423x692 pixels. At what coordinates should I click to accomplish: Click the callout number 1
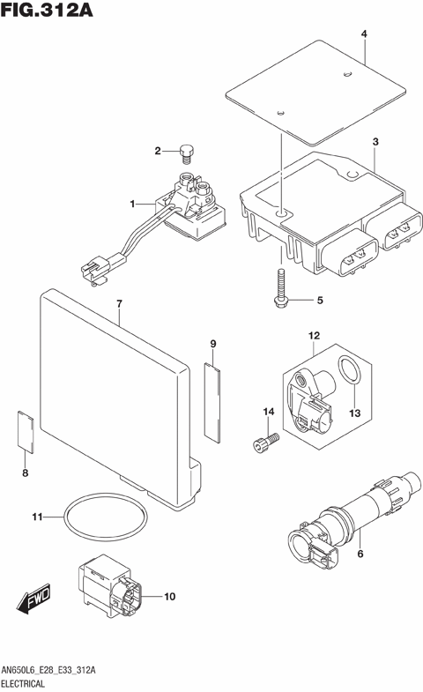(132, 204)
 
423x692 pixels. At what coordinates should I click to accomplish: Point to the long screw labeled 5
(278, 289)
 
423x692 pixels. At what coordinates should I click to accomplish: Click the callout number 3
(375, 142)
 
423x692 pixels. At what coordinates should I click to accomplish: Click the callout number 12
(314, 335)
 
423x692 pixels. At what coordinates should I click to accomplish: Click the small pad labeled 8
(26, 431)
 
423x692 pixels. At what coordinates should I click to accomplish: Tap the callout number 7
(118, 304)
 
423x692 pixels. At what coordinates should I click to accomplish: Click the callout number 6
(360, 554)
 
